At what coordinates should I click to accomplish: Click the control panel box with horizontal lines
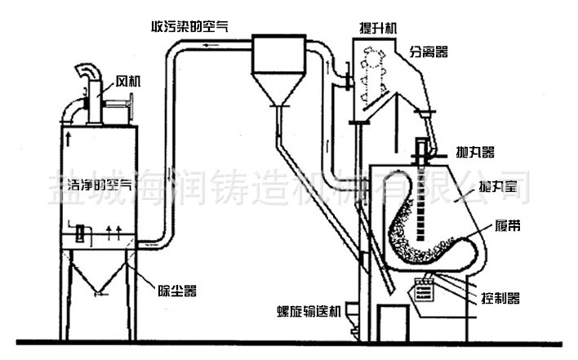tap(423, 290)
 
